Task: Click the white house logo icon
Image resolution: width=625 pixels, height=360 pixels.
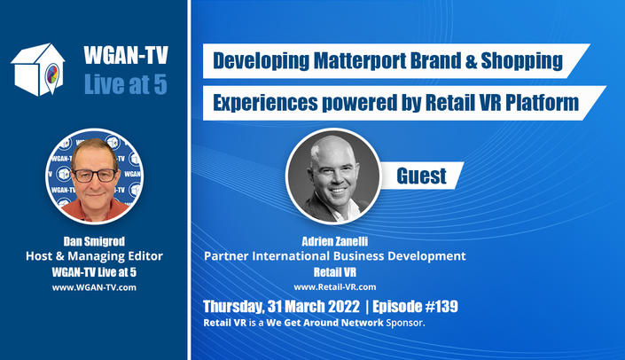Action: click(38, 69)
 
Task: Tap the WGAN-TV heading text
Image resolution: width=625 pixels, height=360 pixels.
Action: click(126, 55)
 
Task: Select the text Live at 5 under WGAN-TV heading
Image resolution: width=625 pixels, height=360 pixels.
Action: click(126, 84)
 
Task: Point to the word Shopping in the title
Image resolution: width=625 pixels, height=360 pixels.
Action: click(522, 61)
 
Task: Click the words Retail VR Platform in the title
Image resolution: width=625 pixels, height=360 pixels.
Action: click(502, 103)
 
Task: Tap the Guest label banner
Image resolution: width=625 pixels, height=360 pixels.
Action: click(421, 176)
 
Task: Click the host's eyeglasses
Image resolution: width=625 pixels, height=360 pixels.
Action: click(95, 176)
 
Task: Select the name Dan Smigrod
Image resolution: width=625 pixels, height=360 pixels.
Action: click(94, 241)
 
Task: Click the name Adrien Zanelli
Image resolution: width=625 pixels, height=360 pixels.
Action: click(335, 241)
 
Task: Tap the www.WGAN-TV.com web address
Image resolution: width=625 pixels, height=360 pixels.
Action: click(94, 287)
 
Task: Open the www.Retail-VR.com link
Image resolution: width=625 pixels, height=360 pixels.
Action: click(335, 287)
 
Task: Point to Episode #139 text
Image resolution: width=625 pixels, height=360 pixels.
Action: click(416, 307)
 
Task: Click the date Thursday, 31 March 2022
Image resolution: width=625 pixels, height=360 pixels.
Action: click(281, 307)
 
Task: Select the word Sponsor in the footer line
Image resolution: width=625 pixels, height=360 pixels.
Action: click(405, 323)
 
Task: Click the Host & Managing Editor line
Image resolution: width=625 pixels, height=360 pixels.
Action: click(95, 256)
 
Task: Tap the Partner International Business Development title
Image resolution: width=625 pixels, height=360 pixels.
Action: click(335, 256)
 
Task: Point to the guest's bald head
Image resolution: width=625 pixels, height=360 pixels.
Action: click(332, 147)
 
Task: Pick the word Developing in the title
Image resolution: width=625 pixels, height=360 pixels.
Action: click(261, 61)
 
